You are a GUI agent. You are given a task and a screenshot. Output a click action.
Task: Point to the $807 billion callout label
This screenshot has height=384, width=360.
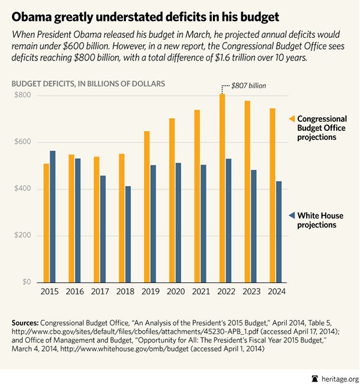[x=249, y=86]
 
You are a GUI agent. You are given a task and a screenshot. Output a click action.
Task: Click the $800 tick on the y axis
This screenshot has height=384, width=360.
[x=23, y=96]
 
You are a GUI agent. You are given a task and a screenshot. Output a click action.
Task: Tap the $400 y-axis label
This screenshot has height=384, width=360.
[x=23, y=189]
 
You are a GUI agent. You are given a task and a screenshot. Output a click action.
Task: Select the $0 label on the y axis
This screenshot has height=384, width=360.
[x=26, y=282]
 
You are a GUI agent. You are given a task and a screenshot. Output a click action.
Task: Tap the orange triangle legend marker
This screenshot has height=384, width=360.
[x=292, y=119]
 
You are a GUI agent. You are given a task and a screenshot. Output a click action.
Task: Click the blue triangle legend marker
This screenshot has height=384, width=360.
[x=292, y=215]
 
